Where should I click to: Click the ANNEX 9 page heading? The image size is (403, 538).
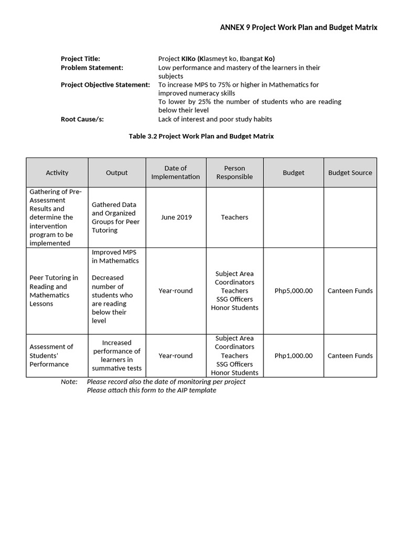tap(298, 27)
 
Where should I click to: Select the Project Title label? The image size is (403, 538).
tap(80, 59)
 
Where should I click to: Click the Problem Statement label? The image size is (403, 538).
tap(92, 67)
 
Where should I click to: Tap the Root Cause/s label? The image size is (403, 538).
tap(82, 119)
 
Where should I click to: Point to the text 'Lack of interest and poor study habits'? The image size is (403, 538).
tap(215, 119)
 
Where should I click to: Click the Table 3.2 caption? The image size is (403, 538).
tap(201, 136)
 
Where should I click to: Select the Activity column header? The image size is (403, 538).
tap(57, 172)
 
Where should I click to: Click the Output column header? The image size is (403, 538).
tap(116, 172)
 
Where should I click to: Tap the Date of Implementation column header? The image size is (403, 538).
tap(175, 172)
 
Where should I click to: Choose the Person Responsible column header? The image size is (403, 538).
tap(235, 172)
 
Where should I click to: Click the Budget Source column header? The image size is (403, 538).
tap(350, 172)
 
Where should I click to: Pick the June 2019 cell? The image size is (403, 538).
tap(176, 217)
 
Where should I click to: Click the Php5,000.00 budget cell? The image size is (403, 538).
tap(293, 291)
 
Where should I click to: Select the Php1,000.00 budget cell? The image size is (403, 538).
tap(293, 356)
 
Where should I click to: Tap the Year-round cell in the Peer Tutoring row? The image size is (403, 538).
tap(176, 291)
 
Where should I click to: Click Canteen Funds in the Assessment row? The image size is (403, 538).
tap(350, 356)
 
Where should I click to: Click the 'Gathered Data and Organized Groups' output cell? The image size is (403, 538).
tap(115, 217)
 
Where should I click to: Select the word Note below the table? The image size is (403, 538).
tap(69, 381)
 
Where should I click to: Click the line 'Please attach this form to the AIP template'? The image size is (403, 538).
tap(151, 390)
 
